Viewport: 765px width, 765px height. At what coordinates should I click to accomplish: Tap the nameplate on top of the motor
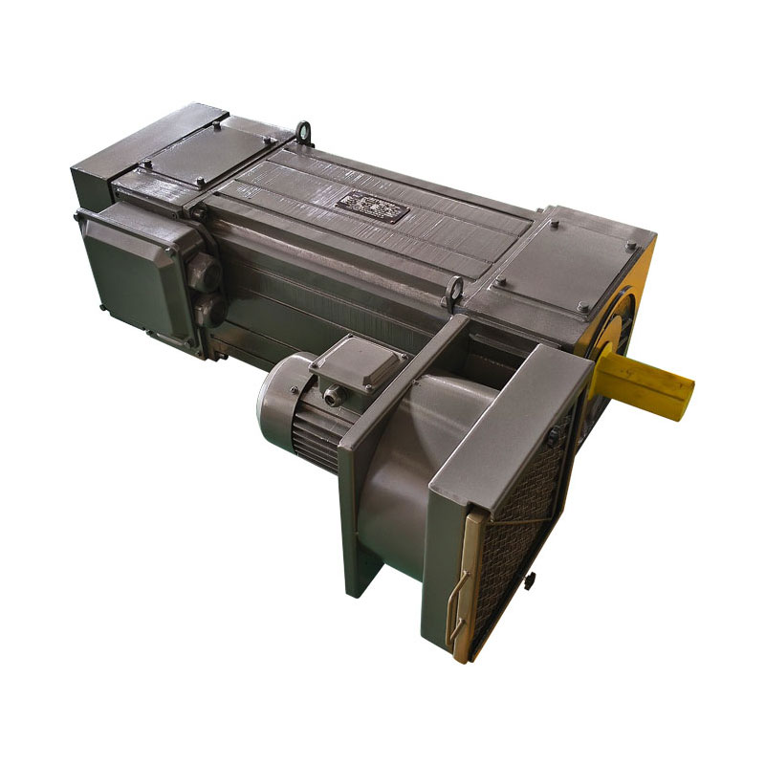coord(369,206)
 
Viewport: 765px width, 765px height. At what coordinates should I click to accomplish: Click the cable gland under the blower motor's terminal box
coord(332,394)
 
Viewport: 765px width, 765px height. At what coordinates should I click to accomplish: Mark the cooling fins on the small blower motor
coord(316,440)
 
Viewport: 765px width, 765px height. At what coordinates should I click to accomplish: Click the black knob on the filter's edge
coord(530,580)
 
